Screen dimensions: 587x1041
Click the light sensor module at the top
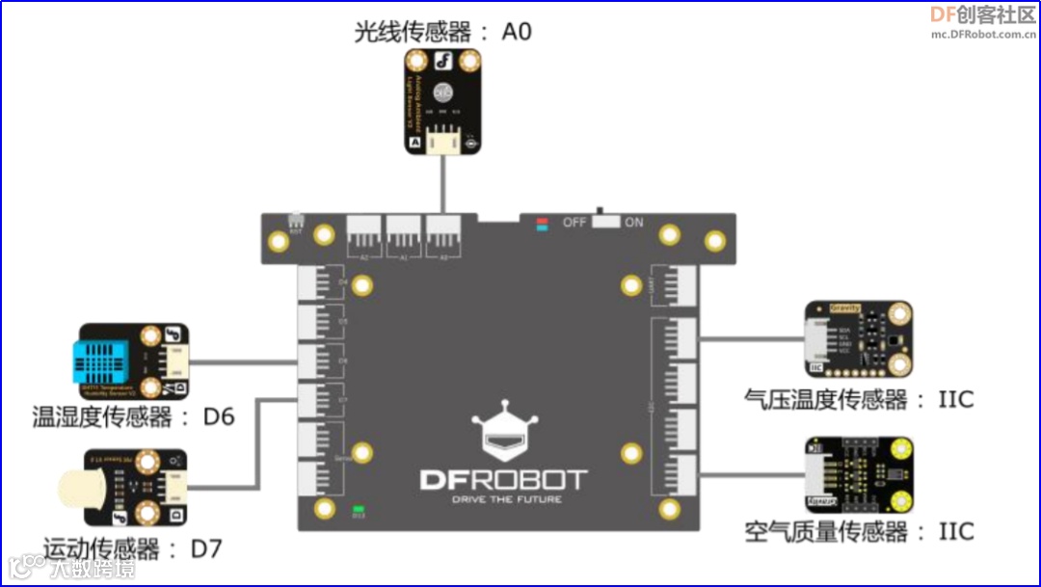click(442, 101)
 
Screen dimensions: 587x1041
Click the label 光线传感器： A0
click(442, 32)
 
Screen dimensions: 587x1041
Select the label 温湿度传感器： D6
click(134, 417)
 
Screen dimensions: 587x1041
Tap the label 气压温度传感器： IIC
click(859, 398)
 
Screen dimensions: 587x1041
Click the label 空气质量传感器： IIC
click(859, 531)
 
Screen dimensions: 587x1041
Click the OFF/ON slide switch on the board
click(605, 221)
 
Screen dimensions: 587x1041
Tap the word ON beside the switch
click(633, 223)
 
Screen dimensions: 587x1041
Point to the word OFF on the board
click(574, 223)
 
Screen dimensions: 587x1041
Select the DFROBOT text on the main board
click(503, 479)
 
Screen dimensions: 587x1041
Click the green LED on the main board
click(359, 507)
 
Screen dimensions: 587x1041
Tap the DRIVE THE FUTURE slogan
click(504, 499)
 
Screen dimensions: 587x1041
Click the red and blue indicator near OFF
click(543, 224)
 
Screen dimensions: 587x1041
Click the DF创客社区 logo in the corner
click(981, 14)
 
